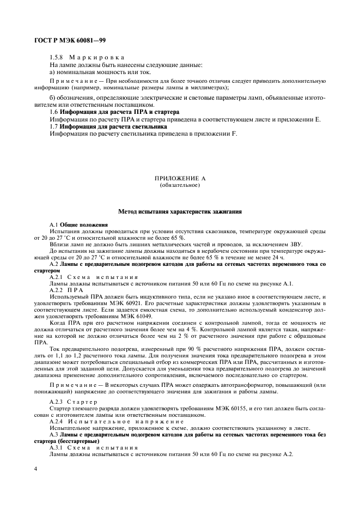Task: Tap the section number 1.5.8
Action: click(x=58, y=58)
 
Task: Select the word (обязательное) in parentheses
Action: click(x=180, y=185)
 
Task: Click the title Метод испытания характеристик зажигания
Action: click(x=180, y=211)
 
